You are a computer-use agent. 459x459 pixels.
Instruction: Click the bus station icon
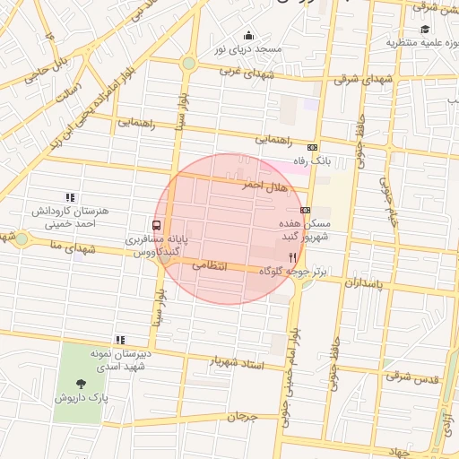pyautogui.click(x=157, y=226)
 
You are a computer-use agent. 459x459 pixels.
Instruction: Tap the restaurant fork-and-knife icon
pyautogui.click(x=306, y=256)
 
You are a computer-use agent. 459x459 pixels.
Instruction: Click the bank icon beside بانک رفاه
pyautogui.click(x=312, y=147)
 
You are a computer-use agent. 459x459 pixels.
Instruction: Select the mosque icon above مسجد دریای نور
pyautogui.click(x=248, y=36)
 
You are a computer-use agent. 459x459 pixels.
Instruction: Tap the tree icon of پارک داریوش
pyautogui.click(x=81, y=383)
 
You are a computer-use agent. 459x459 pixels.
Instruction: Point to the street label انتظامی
pyautogui.click(x=211, y=265)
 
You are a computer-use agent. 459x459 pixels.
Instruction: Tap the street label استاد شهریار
pyautogui.click(x=239, y=361)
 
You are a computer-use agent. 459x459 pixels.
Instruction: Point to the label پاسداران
pyautogui.click(x=362, y=283)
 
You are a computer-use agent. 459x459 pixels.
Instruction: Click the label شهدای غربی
pyautogui.click(x=246, y=73)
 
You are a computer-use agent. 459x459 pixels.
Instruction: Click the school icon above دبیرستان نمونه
pyautogui.click(x=119, y=340)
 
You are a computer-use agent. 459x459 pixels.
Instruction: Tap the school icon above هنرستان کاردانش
pyautogui.click(x=69, y=197)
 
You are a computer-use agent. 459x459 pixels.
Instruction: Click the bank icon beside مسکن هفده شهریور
pyautogui.click(x=306, y=210)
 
